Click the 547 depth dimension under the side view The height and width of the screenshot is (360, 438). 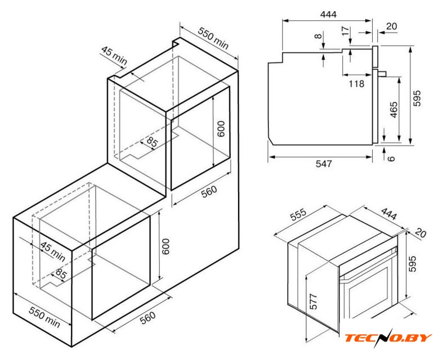point(324,164)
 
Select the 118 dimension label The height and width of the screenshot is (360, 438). point(356,83)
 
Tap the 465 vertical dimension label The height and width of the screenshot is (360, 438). point(394,110)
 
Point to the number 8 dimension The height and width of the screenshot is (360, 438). point(318,36)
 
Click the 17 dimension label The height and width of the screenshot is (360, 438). point(345,31)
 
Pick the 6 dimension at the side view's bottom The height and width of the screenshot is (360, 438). point(391,159)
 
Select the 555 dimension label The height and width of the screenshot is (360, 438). point(298,214)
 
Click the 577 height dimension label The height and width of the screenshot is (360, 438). point(314,301)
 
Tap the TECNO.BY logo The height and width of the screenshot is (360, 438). point(388,337)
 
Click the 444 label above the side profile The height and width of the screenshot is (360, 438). point(328,14)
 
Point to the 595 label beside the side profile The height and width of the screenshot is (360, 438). point(417,98)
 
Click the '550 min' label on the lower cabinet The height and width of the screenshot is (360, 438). point(44,317)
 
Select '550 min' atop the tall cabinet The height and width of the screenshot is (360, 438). point(213,38)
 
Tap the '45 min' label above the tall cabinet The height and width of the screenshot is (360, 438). point(114,55)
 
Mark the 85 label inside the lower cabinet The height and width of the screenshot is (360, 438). point(61,273)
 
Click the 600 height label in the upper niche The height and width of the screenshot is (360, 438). point(221,128)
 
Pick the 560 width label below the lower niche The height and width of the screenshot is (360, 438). point(148,318)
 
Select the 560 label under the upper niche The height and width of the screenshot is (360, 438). point(209,191)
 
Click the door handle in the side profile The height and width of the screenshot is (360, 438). point(382,73)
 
